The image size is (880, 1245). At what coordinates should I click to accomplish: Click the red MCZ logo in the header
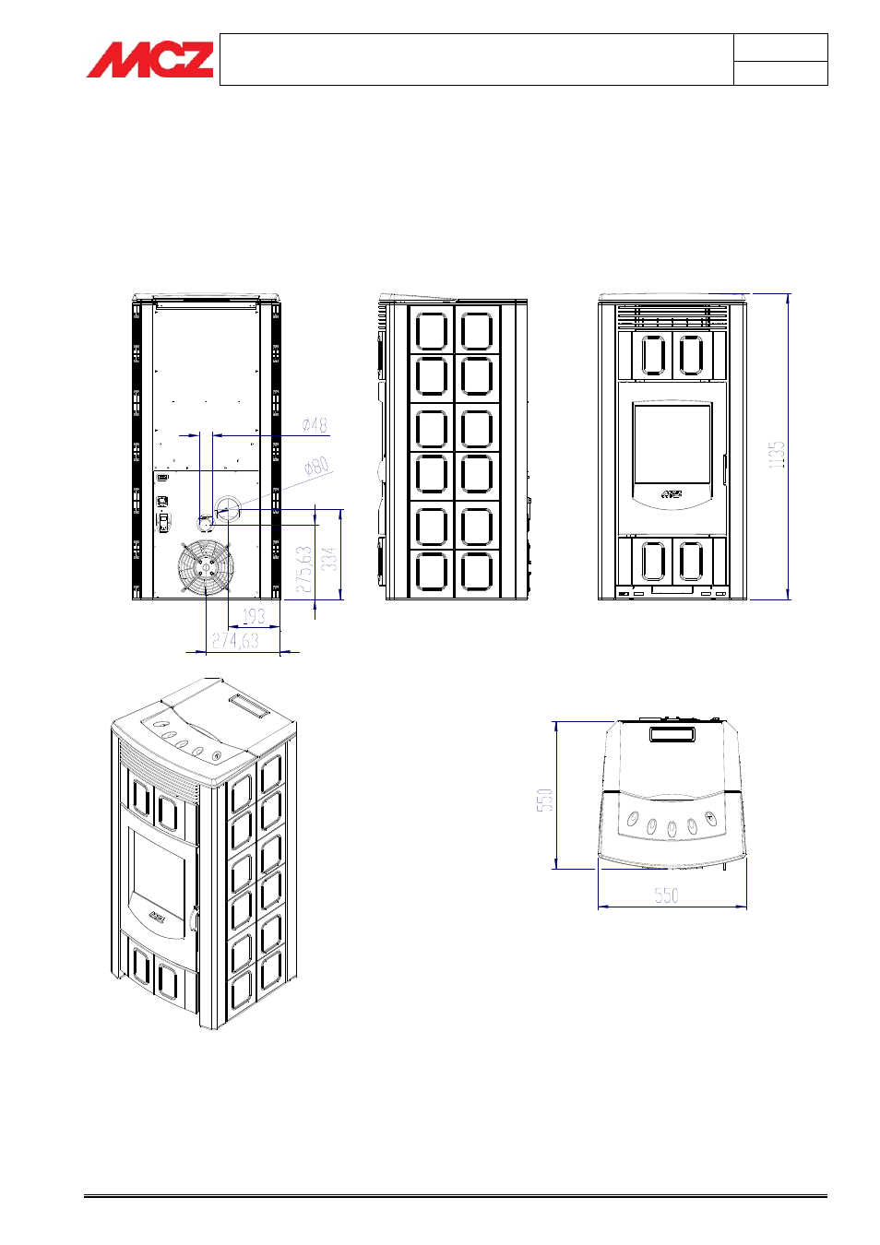(x=150, y=60)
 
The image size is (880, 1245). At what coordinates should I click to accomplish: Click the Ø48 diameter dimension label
(x=315, y=425)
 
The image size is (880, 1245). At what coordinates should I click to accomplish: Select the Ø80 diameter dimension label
(x=316, y=467)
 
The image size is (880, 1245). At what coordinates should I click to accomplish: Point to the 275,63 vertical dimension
(x=304, y=569)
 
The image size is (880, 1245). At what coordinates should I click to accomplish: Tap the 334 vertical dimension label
(x=329, y=559)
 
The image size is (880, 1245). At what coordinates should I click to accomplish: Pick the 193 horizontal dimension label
(x=254, y=616)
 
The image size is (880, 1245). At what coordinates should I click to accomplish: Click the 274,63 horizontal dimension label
(x=235, y=640)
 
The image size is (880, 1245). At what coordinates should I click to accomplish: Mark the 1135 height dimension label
(x=777, y=454)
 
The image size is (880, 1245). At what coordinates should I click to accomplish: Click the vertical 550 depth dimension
(x=545, y=800)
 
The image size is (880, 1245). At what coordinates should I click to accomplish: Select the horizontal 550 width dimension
(x=666, y=895)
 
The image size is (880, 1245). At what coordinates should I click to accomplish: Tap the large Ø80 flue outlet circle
(x=227, y=508)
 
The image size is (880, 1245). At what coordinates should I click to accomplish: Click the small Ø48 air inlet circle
(x=205, y=524)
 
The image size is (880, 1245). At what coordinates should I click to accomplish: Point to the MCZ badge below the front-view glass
(x=672, y=493)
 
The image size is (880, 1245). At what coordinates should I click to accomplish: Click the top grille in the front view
(x=672, y=317)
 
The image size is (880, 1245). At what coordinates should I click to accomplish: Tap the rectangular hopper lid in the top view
(x=672, y=734)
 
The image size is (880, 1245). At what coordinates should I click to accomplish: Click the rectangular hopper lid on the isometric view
(x=249, y=705)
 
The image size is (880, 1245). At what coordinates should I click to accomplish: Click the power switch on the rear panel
(x=163, y=523)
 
